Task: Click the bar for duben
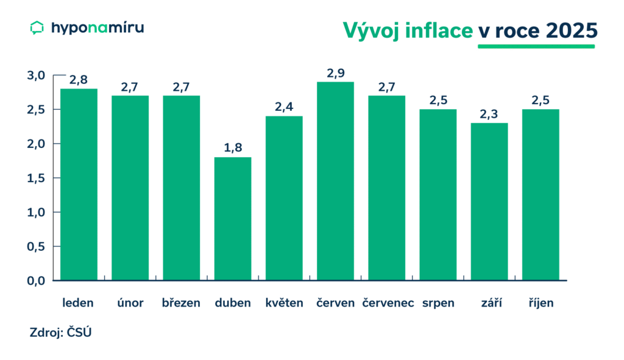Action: click(233, 219)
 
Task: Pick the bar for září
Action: click(489, 202)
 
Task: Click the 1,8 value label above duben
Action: click(233, 147)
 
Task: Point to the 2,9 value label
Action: click(335, 72)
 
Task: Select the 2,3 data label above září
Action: click(489, 113)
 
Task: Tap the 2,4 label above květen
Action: click(284, 107)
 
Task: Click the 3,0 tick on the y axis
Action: click(37, 76)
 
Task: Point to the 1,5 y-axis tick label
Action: click(37, 178)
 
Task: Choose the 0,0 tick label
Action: click(37, 281)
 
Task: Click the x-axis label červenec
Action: click(388, 303)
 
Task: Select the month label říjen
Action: click(541, 303)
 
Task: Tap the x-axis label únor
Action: click(130, 303)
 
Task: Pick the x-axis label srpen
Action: click(438, 303)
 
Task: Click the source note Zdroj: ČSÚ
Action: click(60, 333)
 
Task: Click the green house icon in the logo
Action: click(37, 27)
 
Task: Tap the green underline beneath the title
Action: click(536, 47)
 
